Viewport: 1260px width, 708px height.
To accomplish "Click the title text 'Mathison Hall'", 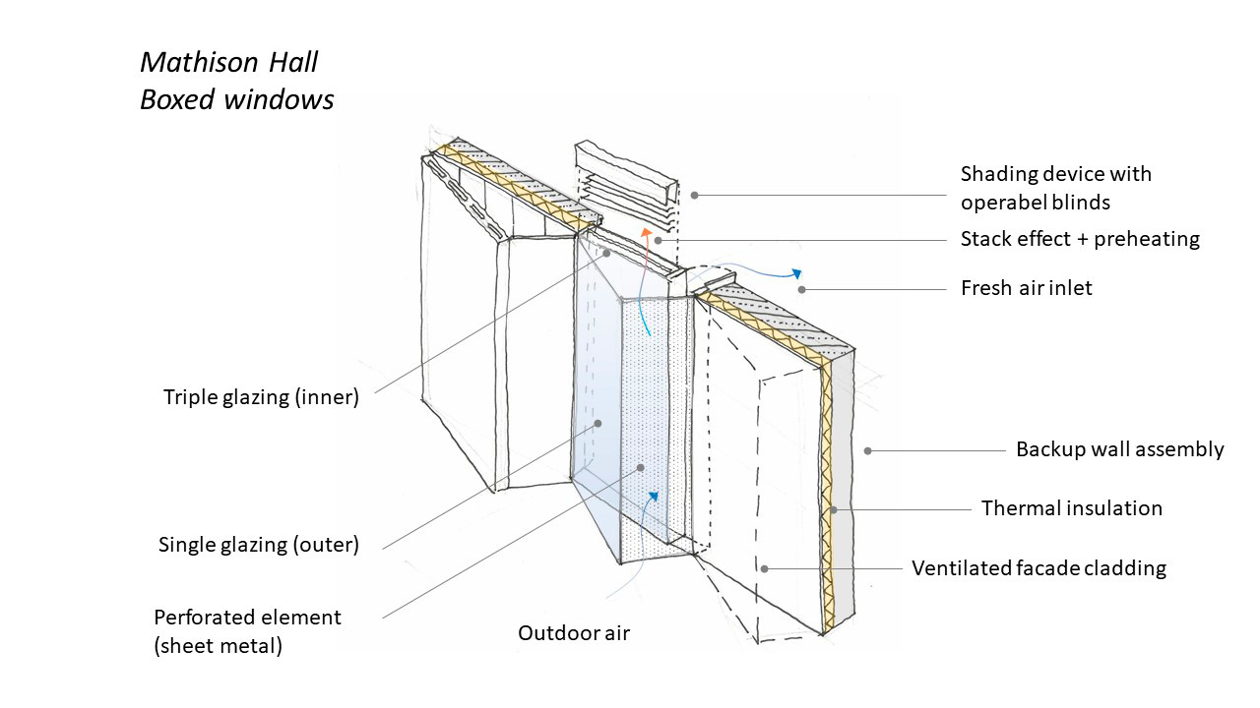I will pos(228,63).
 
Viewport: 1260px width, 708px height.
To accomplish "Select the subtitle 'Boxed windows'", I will pos(236,100).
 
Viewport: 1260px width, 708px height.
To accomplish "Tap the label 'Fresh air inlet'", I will pos(1026,289).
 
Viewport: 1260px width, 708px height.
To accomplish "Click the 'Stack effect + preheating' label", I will pos(1080,239).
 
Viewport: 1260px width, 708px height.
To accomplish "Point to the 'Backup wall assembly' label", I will pos(1119,450).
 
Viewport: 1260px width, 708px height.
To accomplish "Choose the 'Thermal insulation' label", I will pos(1071,508).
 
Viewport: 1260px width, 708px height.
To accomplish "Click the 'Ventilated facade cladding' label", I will pos(1039,568).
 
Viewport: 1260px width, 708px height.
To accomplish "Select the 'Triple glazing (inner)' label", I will pos(262,398).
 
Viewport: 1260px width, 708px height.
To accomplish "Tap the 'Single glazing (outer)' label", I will pos(259,545).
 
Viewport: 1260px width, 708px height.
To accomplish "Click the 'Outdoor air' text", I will pos(574,633).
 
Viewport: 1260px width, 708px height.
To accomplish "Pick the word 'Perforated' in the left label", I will pos(203,619).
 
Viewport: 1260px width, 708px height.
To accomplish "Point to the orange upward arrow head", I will pos(647,233).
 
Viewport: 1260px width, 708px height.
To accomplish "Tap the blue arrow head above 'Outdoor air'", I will pos(651,498).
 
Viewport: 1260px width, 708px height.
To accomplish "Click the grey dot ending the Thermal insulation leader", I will pos(832,509).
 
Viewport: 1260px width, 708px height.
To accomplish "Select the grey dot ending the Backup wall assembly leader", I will pos(867,451).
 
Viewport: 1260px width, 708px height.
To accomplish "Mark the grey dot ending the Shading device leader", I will pos(694,195).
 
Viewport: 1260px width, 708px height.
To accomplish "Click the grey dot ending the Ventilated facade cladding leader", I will pos(763,567).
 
